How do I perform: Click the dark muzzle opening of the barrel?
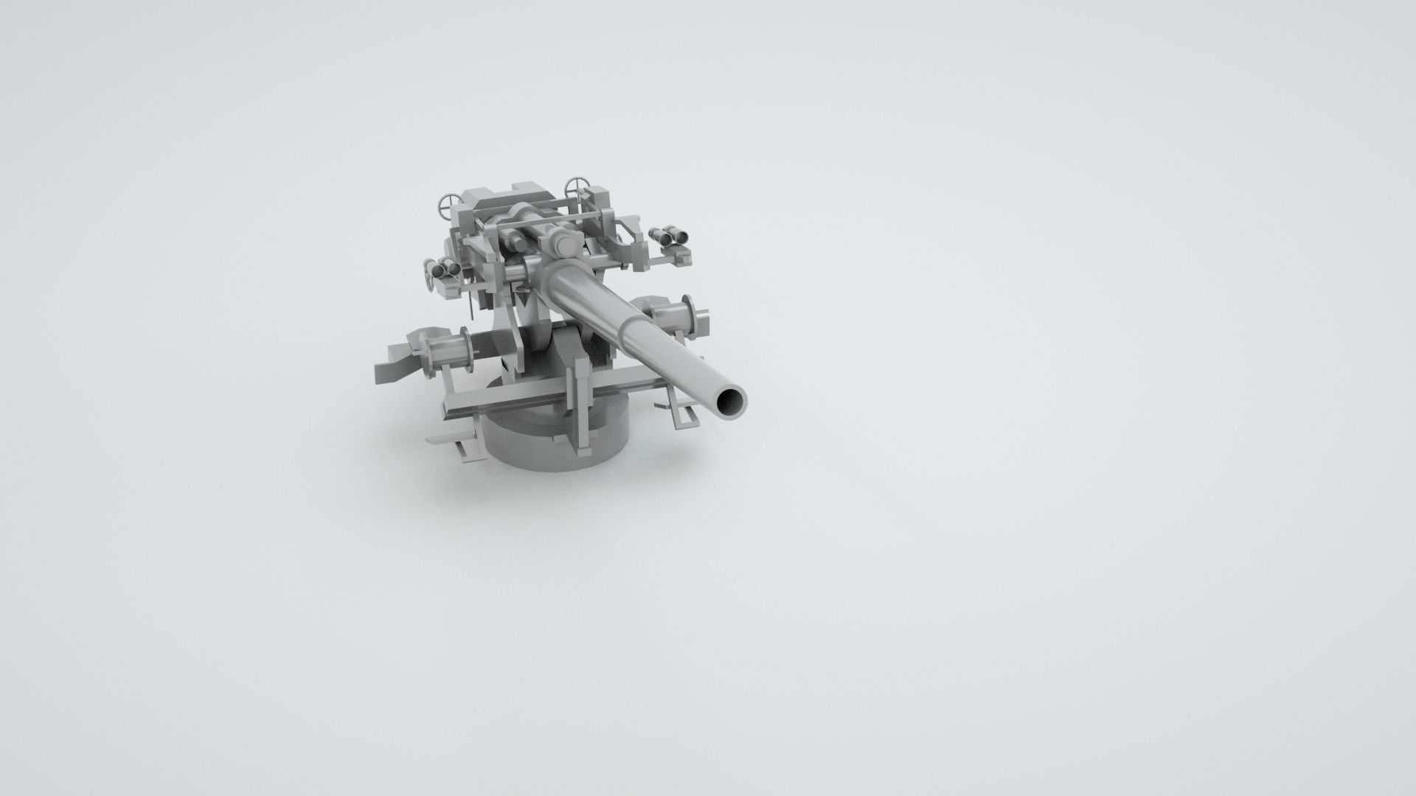tap(731, 402)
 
